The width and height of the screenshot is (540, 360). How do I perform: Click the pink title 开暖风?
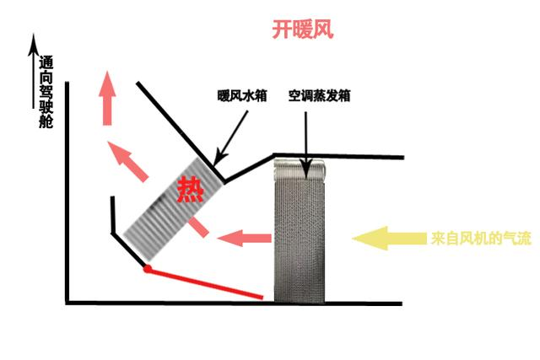[x=303, y=30]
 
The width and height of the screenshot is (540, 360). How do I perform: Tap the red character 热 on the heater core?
[x=191, y=190]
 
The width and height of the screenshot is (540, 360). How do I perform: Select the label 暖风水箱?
[x=242, y=95]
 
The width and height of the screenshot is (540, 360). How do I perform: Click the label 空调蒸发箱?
[x=319, y=95]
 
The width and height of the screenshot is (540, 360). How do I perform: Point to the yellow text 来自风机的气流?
[x=481, y=238]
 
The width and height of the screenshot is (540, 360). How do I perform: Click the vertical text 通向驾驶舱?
[x=46, y=92]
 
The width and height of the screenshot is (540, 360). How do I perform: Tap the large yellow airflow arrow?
[x=390, y=238]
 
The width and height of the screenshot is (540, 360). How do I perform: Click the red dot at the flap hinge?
[x=148, y=269]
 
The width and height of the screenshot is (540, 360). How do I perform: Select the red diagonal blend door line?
[x=205, y=283]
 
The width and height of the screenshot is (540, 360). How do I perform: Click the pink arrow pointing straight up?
[x=107, y=98]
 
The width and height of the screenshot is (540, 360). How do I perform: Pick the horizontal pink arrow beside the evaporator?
[x=245, y=238]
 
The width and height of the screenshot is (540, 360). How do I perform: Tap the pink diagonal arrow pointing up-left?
[x=127, y=161]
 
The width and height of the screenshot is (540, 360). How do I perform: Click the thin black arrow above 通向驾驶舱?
[x=34, y=71]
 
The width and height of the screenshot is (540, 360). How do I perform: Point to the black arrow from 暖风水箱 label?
[x=230, y=137]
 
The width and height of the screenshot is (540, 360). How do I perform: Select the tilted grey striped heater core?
[x=174, y=209]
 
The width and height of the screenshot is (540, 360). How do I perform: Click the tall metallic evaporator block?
[x=300, y=231]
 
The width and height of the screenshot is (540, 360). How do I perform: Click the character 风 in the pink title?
[x=323, y=30]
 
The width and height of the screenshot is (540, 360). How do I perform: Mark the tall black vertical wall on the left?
[x=67, y=193]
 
